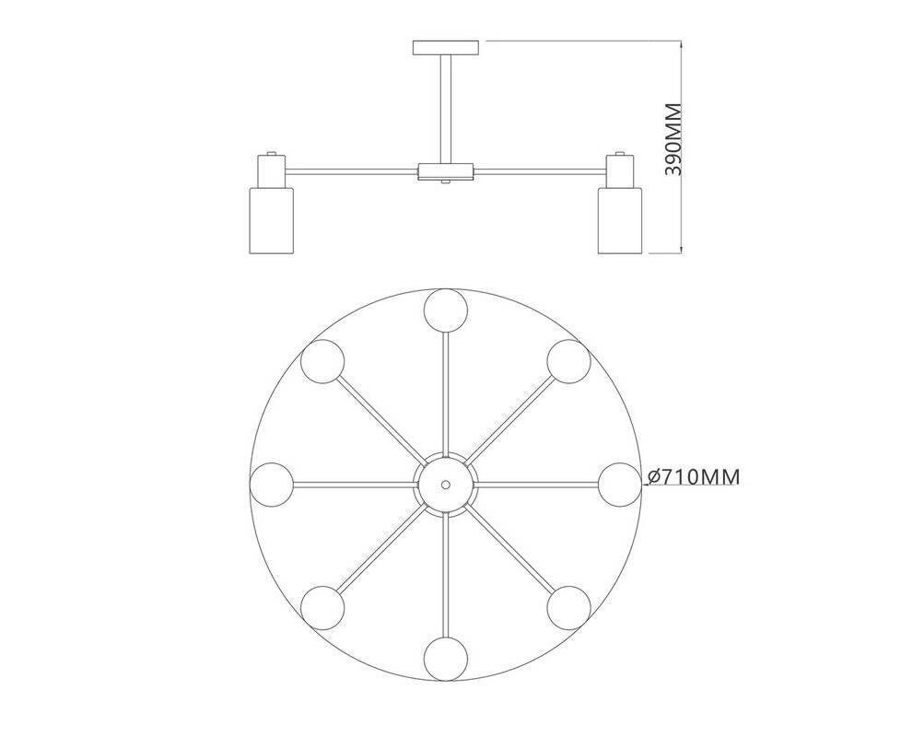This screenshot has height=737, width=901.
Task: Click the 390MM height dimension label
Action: [x=673, y=139]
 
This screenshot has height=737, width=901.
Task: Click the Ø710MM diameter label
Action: [x=694, y=477]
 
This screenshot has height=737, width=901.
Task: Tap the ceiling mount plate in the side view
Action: [x=446, y=48]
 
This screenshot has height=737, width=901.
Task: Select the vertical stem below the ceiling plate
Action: [x=446, y=109]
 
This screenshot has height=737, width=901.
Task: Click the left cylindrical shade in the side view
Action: [x=271, y=219]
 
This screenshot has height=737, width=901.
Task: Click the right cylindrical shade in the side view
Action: [x=619, y=219]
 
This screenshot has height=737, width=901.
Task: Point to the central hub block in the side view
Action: [x=446, y=171]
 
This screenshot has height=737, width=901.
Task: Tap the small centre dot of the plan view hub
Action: [x=445, y=485]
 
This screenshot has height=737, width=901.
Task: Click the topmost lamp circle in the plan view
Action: [x=446, y=310]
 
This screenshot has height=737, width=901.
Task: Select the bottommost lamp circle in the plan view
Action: [x=446, y=659]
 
